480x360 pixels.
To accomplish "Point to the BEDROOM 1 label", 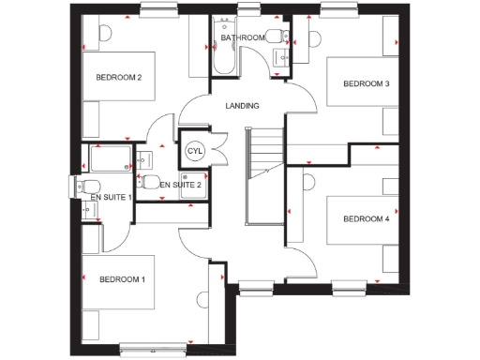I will coord(122,279).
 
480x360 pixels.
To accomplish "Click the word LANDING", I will coord(243,106).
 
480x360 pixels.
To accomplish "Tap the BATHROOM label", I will coord(242,37).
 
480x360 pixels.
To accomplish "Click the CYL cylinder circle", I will coord(195,151).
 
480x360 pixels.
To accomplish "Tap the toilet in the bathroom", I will coord(274,37).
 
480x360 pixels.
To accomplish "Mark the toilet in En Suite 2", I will coord(149,181).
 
